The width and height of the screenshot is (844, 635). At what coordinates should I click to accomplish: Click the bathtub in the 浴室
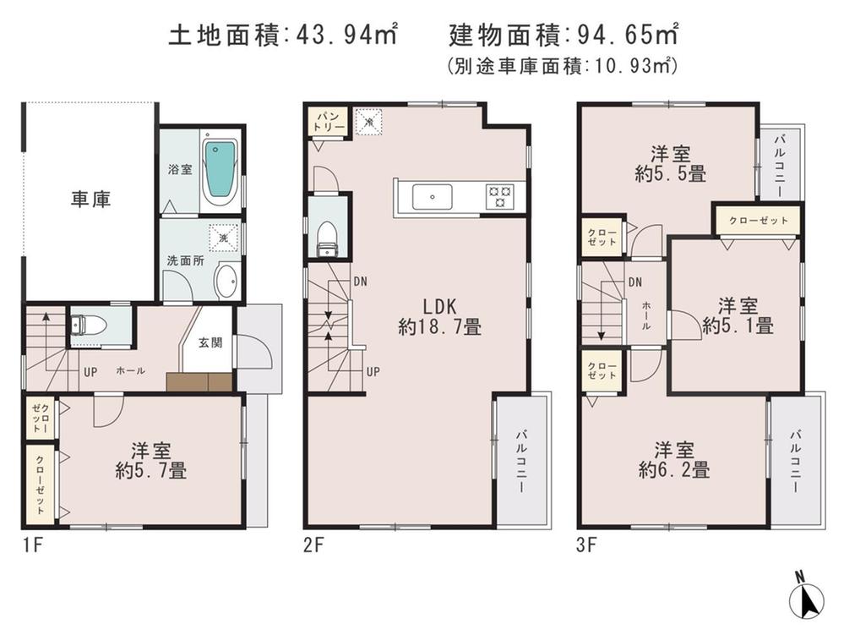click(219, 167)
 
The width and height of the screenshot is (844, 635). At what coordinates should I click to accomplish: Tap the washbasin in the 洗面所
click(226, 282)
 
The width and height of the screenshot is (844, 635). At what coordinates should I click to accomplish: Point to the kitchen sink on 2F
click(433, 197)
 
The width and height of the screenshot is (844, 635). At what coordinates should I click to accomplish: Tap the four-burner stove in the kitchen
click(498, 196)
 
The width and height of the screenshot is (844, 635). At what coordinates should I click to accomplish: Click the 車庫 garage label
click(90, 200)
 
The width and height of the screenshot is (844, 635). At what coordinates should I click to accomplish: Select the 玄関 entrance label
click(210, 342)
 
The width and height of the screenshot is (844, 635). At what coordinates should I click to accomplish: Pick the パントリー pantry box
click(327, 120)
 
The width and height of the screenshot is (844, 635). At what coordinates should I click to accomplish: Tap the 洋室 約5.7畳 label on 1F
click(151, 460)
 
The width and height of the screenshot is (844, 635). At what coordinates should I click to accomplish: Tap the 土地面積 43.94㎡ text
click(283, 36)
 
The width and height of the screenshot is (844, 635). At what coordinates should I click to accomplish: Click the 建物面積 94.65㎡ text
click(564, 36)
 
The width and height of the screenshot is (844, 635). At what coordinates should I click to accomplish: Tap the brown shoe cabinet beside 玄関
click(199, 382)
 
